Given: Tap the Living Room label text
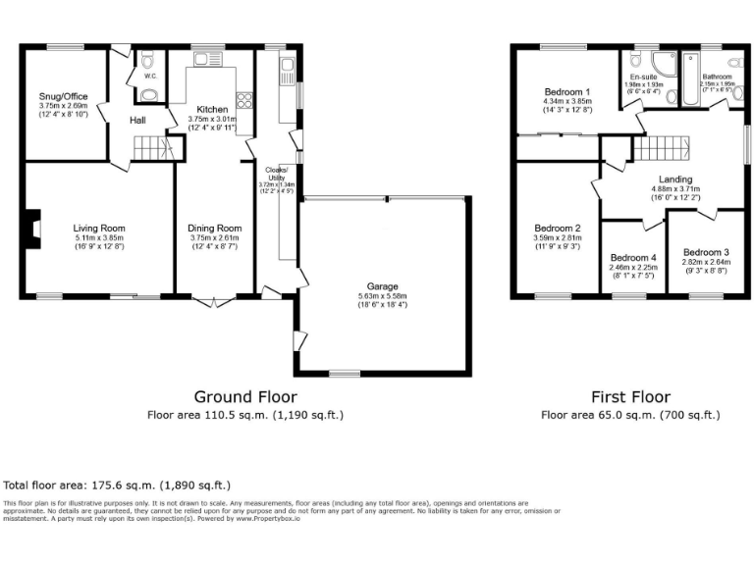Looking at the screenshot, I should [100, 229].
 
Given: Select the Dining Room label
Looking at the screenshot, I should [213, 229].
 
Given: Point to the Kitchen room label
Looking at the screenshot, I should [212, 109].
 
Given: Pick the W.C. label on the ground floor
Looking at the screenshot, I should [150, 75].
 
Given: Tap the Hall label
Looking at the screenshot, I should [139, 121].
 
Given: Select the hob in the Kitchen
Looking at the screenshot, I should [243, 99].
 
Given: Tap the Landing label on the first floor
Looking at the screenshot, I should [675, 180].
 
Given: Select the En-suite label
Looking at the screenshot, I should [643, 76].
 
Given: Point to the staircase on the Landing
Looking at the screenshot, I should [661, 149].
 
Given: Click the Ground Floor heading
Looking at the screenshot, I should [244, 397].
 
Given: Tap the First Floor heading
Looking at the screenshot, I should [630, 397].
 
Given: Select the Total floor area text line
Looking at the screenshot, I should [117, 486].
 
